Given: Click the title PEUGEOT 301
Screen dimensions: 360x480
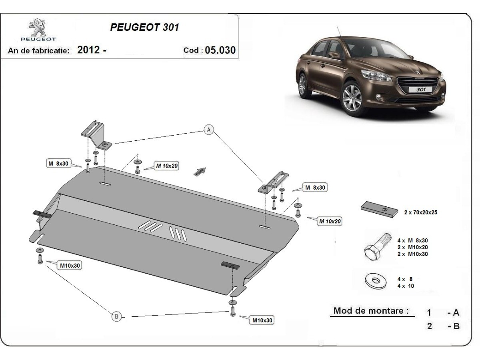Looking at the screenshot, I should [144, 28].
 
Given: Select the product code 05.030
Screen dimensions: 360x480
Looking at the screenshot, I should [220, 50].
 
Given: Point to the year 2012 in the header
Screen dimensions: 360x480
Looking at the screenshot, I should [88, 50].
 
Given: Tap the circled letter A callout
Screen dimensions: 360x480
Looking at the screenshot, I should [209, 130].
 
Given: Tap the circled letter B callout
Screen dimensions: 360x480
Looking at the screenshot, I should [116, 316].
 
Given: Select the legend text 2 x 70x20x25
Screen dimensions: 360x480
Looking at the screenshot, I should [420, 213].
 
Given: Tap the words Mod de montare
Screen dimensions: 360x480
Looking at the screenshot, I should [371, 311].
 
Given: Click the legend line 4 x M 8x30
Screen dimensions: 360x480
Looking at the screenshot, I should [413, 241].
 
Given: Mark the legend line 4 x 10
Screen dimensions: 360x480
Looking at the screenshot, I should [406, 286].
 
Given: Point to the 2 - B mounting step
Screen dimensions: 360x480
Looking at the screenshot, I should [443, 326].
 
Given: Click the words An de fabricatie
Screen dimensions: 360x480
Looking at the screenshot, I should [39, 51].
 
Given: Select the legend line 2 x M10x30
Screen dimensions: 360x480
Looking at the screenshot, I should [413, 254].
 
